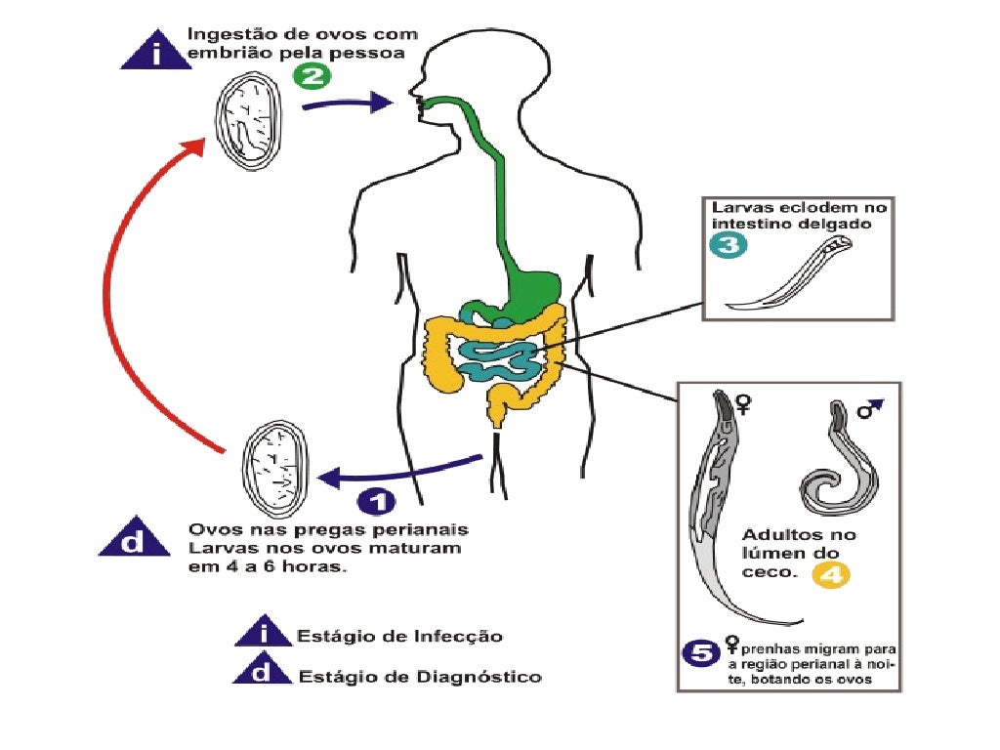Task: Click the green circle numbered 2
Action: pyautogui.click(x=312, y=75)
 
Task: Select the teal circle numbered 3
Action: pyautogui.click(x=729, y=246)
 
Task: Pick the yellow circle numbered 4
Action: pyautogui.click(x=831, y=575)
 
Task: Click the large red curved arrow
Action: pyautogui.click(x=137, y=293)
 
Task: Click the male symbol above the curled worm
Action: pyautogui.click(x=868, y=407)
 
